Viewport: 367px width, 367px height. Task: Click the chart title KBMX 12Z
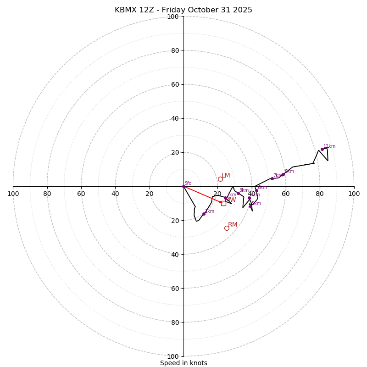pos(183,10)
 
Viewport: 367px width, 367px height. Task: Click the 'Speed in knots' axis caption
pos(183,363)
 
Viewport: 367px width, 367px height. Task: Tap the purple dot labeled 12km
pos(322,149)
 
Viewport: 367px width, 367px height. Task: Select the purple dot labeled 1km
pos(204,214)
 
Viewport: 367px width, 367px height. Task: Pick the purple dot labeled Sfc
pos(183,186)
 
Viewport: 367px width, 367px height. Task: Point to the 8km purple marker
pos(283,174)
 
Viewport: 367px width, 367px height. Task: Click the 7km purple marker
pos(272,178)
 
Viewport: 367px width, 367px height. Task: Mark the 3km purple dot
pos(238,193)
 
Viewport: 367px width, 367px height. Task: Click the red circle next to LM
pos(220,179)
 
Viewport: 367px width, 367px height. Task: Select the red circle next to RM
pos(227,228)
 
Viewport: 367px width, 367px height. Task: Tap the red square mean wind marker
pos(223,203)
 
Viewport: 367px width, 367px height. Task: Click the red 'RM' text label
pos(233,224)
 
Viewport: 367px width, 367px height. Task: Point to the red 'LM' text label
pos(226,175)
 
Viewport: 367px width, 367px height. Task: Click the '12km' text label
pos(329,146)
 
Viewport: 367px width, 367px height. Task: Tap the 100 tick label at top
pos(173,17)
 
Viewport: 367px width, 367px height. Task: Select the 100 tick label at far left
pos(13,194)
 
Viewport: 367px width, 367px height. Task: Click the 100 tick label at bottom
pos(173,356)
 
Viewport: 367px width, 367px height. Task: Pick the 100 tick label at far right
pos(354,194)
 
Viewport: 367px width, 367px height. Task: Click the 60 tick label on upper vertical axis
pos(175,84)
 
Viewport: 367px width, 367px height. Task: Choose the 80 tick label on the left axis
pos(47,194)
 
